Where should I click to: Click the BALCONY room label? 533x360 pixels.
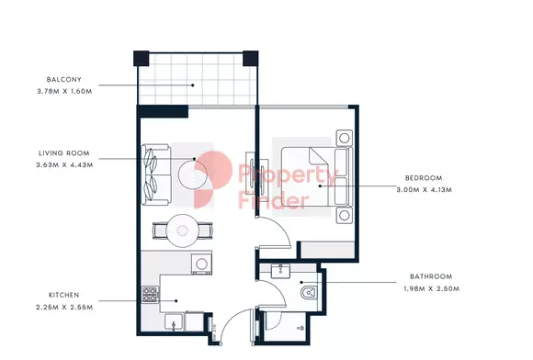pyautogui.click(x=64, y=80)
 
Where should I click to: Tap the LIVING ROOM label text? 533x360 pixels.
pyautogui.click(x=64, y=153)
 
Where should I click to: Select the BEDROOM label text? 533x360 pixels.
pyautogui.click(x=424, y=178)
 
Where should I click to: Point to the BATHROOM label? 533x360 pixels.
pyautogui.click(x=431, y=276)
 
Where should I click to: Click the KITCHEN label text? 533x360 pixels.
pyautogui.click(x=64, y=295)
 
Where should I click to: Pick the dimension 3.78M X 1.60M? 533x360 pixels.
pyautogui.click(x=64, y=91)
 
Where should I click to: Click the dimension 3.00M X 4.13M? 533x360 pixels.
pyautogui.click(x=425, y=190)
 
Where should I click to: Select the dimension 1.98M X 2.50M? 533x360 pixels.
pyautogui.click(x=431, y=288)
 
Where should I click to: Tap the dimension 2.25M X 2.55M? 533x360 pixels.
pyautogui.click(x=64, y=307)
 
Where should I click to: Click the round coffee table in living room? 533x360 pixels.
pyautogui.click(x=193, y=175)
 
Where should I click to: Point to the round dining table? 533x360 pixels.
pyautogui.click(x=183, y=231)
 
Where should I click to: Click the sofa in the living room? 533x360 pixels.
pyautogui.click(x=156, y=174)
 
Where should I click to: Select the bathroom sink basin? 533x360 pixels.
pyautogui.click(x=280, y=271)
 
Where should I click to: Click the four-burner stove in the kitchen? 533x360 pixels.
pyautogui.click(x=150, y=295)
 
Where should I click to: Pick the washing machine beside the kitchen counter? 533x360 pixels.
pyautogui.click(x=201, y=264)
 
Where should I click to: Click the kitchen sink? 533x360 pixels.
pyautogui.click(x=174, y=321)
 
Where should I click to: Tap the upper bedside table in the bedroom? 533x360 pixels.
pyautogui.click(x=345, y=138)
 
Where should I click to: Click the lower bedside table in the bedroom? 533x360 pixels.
pyautogui.click(x=345, y=215)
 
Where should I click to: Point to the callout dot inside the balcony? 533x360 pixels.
pyautogui.click(x=193, y=85)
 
